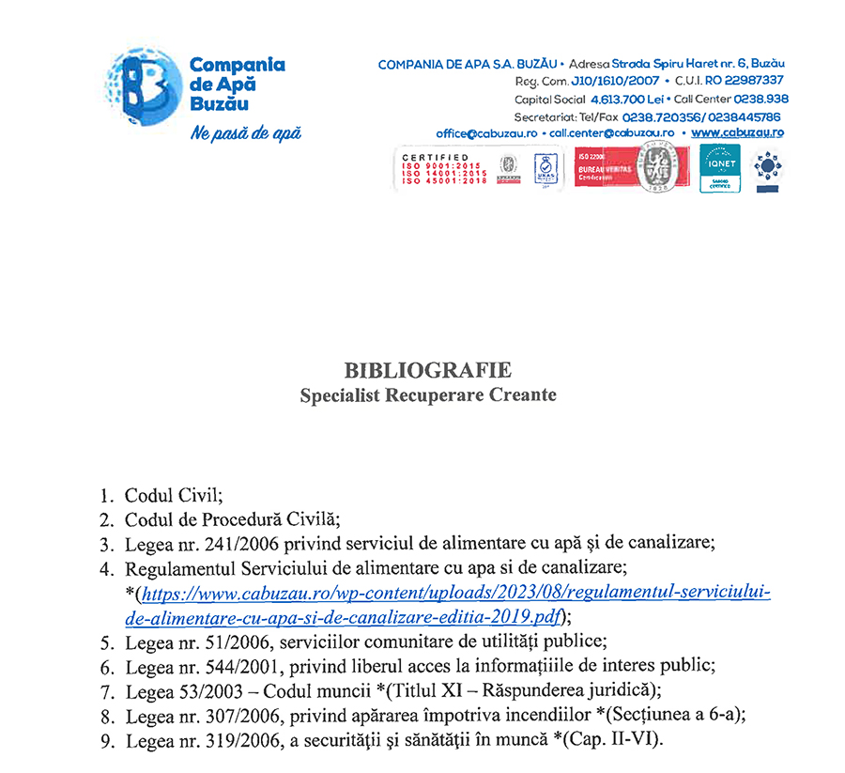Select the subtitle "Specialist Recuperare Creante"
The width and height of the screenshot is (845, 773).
click(428, 395)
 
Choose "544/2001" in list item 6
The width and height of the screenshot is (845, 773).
click(223, 668)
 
